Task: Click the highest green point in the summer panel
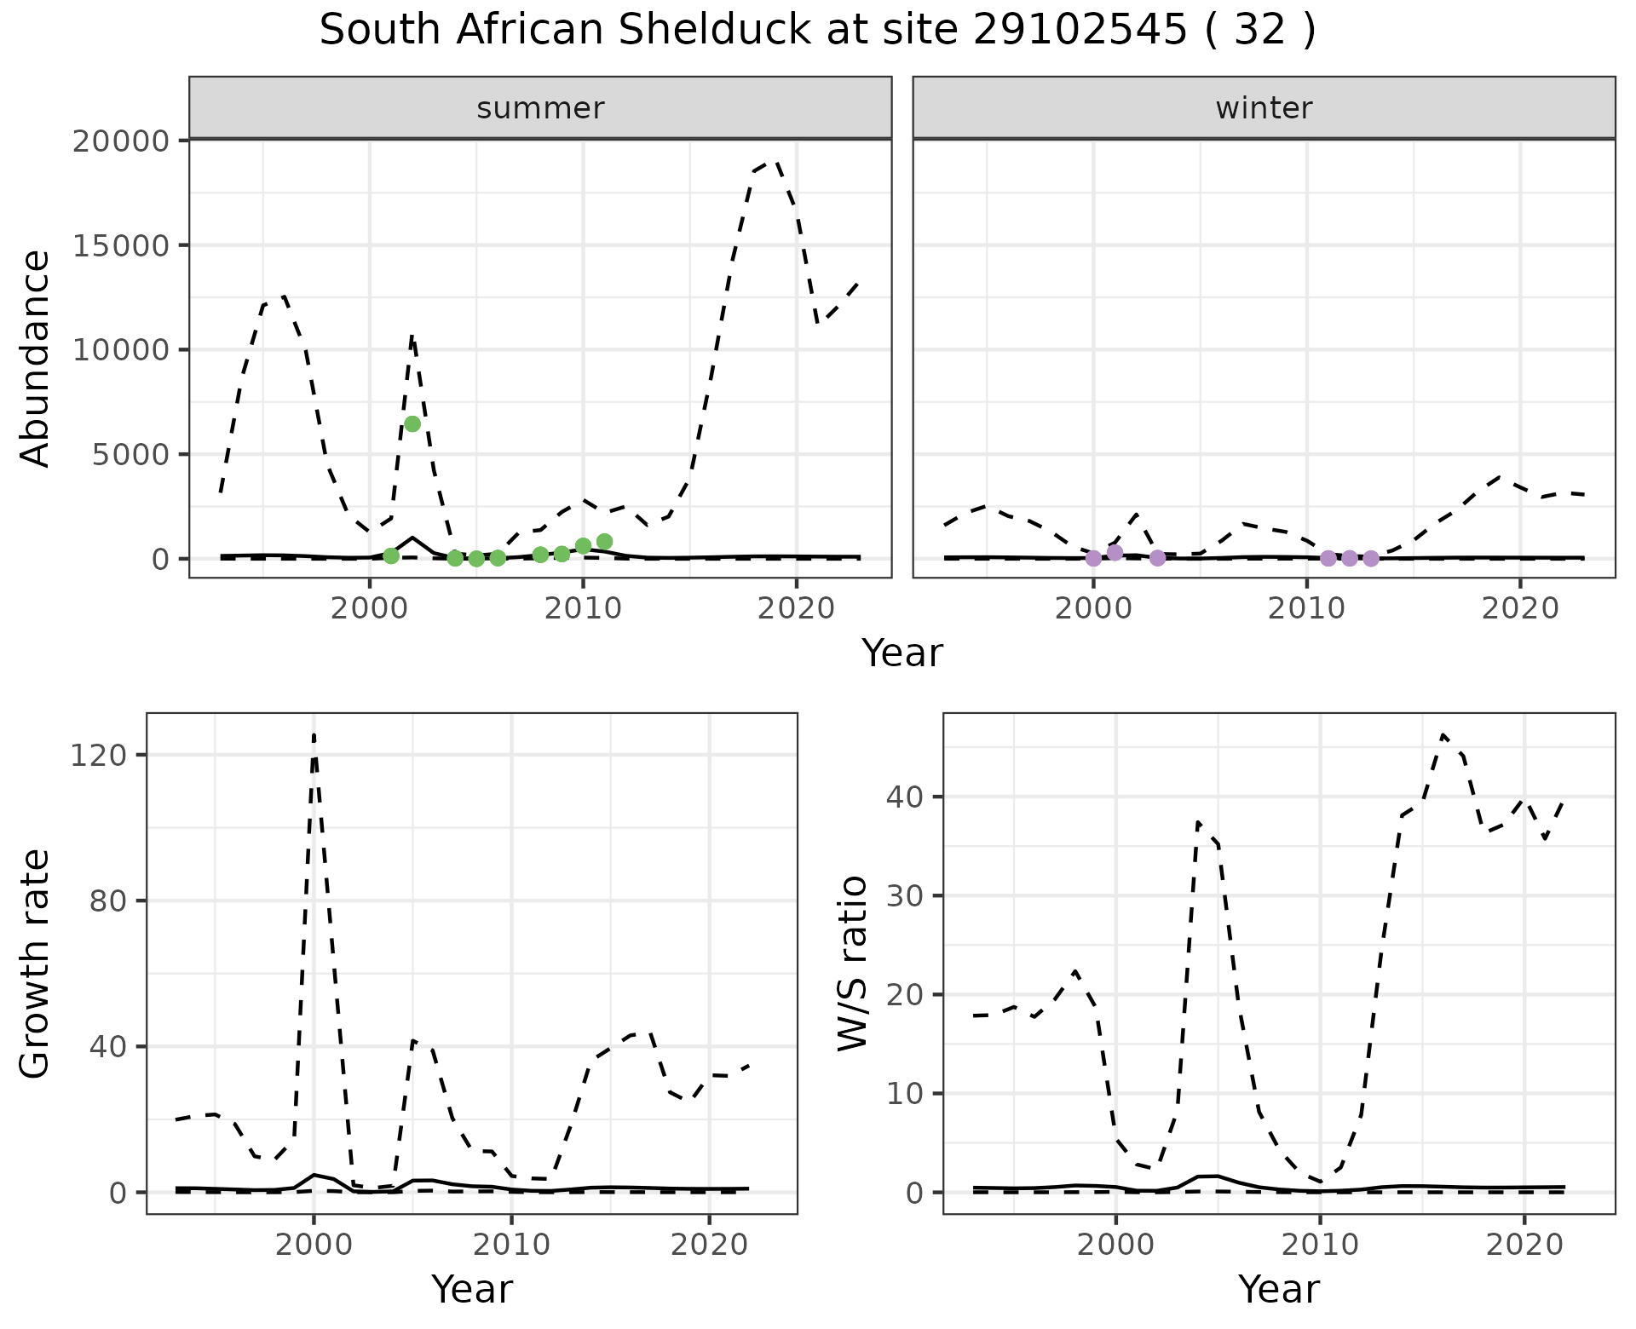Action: tap(412, 424)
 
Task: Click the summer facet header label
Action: tap(540, 108)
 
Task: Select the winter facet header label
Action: tap(1264, 108)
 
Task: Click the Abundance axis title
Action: tap(36, 358)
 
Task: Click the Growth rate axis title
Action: tap(36, 963)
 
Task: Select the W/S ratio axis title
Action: tap(852, 963)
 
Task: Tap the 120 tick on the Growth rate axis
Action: tap(107, 755)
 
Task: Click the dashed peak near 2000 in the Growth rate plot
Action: tap(314, 734)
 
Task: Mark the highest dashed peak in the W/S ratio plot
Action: tap(1443, 734)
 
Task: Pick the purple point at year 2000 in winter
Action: tap(1093, 558)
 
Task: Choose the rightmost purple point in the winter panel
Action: tap(1370, 558)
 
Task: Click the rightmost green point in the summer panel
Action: tap(604, 542)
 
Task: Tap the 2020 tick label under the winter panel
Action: tap(1520, 609)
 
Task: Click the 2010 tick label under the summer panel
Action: tap(583, 609)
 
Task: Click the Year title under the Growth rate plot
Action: tap(472, 1289)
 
